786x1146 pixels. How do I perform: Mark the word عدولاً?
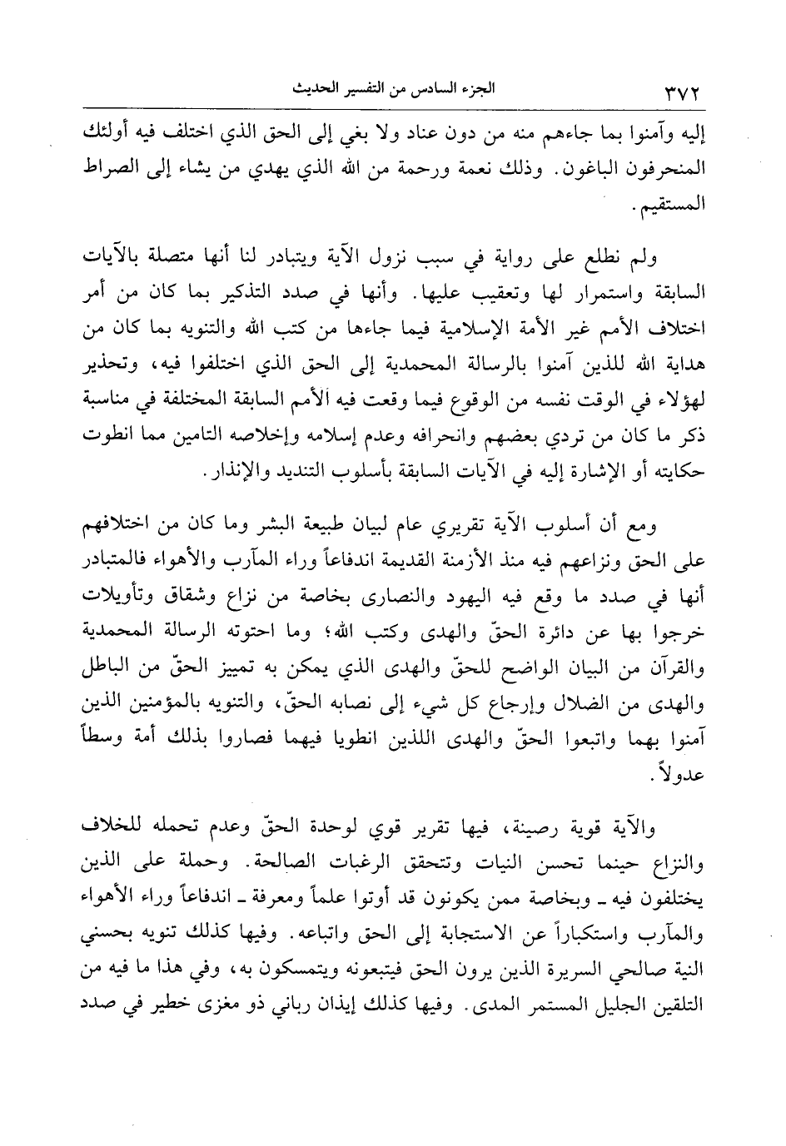(681, 773)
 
